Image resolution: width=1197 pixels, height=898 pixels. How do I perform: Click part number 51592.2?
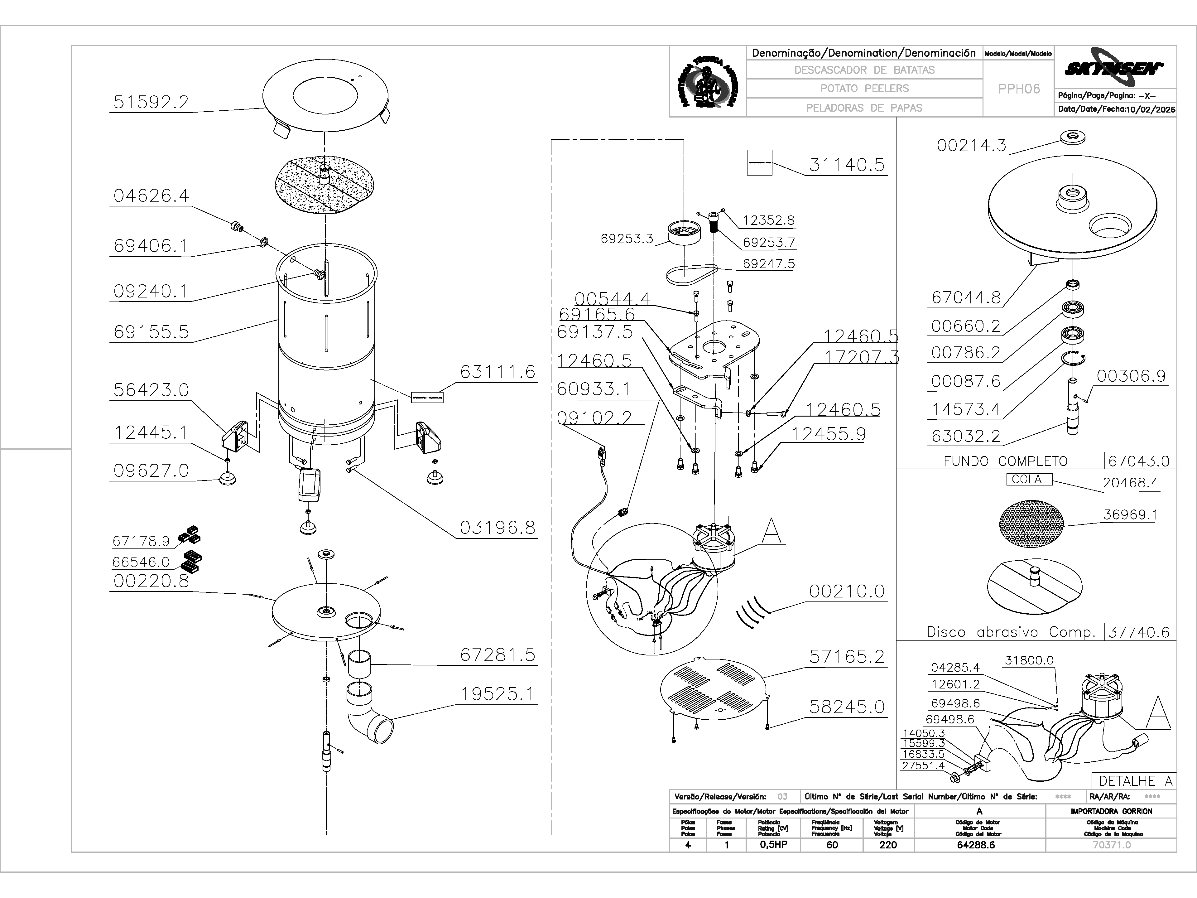[x=151, y=102]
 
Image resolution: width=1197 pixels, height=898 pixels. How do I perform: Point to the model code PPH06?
[x=1019, y=89]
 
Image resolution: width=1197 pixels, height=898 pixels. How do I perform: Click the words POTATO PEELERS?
[x=864, y=88]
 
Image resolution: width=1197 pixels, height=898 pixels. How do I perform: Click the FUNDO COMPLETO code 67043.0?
[x=1139, y=461]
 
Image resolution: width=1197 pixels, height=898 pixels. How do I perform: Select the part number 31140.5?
[x=847, y=165]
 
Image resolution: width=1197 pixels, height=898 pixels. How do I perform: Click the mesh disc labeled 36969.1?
[x=1031, y=524]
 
